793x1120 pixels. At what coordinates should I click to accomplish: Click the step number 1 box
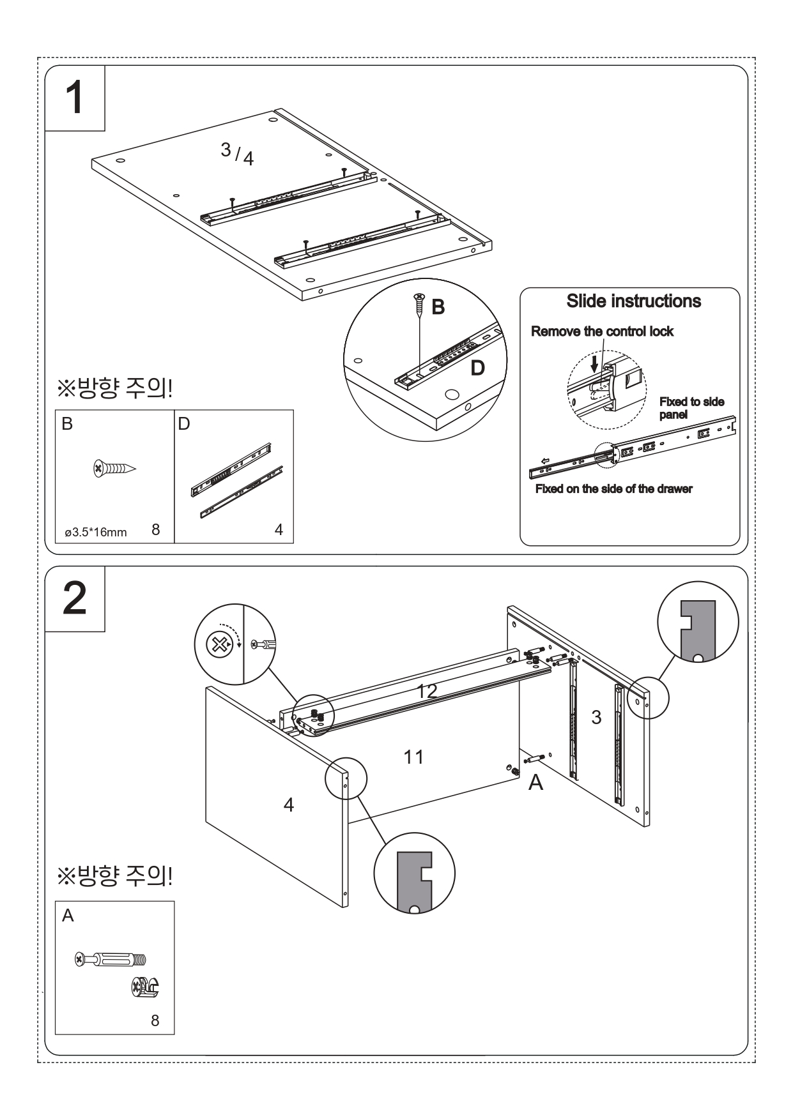pos(75,98)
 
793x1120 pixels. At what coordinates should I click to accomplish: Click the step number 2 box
pos(75,599)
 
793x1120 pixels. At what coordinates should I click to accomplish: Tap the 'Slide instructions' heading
pos(633,301)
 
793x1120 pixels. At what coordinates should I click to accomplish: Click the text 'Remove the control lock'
pos(602,331)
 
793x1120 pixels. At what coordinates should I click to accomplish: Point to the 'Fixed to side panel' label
pos(691,408)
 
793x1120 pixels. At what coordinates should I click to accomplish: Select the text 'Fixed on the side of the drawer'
pos(613,489)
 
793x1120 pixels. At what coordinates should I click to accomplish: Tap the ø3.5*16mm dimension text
pos(96,532)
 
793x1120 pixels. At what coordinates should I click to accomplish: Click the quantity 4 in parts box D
pos(279,529)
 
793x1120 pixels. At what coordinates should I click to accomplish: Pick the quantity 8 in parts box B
pos(156,529)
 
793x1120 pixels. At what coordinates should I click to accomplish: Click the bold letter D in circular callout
pos(477,368)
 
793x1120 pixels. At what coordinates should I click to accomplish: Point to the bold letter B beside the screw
pos(438,308)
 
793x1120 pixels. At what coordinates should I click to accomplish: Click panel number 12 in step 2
pos(427,690)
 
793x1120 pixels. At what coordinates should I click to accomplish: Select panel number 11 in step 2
pos(414,757)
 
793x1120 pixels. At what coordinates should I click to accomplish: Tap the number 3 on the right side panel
pos(596,718)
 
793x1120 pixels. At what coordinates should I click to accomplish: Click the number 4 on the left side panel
pos(289,805)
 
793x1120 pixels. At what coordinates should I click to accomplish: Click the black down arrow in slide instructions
pos(595,365)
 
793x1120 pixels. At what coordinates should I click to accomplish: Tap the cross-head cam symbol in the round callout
pos(219,645)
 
